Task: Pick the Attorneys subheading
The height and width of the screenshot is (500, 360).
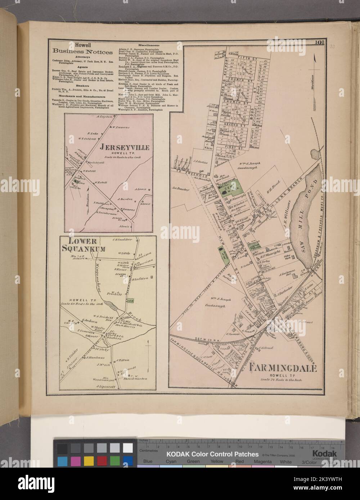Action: [x=77, y=56]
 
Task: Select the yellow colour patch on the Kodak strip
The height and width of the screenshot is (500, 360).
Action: [x=89, y=461]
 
